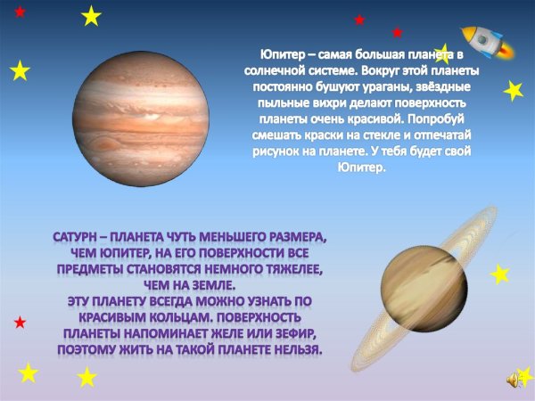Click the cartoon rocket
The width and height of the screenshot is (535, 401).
coord(485,42)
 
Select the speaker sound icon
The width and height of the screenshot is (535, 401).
coord(514,381)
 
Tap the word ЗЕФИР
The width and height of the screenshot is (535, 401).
coord(292,334)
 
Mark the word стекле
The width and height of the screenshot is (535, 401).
coord(424,135)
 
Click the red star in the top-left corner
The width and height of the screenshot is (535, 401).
coord(21,12)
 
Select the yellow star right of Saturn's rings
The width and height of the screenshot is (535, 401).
coord(500,274)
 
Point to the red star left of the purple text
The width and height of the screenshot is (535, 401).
coord(20,321)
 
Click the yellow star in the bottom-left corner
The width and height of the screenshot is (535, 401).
coord(29,372)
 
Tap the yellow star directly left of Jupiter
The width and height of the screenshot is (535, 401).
coord(20,70)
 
